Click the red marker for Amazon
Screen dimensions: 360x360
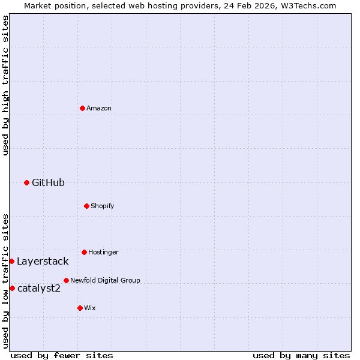coord(82,108)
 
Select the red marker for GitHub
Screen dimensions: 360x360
coord(26,182)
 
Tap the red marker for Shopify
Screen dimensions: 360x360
coord(86,206)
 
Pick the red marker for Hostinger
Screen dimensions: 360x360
coord(84,252)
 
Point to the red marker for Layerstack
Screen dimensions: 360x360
coord(11,261)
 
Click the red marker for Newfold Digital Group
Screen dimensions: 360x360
coord(66,280)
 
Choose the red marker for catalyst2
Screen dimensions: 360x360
coord(12,288)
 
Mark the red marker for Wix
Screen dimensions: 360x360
coord(80,308)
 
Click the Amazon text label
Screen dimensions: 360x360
coord(99,108)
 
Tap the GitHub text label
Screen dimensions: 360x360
coord(48,182)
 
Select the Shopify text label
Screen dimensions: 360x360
coord(103,206)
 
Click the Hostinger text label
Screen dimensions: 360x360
coord(103,252)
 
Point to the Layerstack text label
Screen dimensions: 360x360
coord(43,261)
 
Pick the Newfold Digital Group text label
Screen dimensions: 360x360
coord(105,280)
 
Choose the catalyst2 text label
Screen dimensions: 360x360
coord(39,288)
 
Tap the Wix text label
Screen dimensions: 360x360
coord(90,308)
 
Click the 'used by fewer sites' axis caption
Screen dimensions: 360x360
coord(62,355)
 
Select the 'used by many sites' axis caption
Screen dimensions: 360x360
coord(301,355)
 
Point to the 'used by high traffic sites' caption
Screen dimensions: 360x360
coord(5,85)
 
